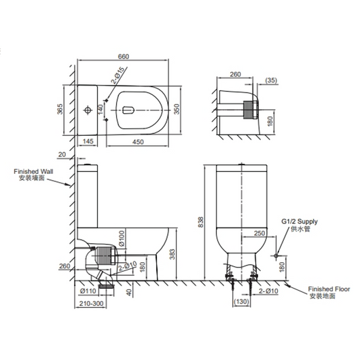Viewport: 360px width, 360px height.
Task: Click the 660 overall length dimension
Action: point(124,56)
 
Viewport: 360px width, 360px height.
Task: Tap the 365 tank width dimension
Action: point(60,109)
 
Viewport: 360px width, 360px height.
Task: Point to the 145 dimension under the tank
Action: point(88,141)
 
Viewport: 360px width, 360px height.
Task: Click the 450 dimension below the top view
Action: point(138,142)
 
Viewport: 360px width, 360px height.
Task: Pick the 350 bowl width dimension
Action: point(177,109)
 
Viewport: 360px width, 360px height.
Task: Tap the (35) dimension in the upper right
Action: point(271,81)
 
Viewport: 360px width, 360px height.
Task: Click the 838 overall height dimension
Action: point(200,222)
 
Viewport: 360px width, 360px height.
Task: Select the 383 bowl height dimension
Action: point(173,254)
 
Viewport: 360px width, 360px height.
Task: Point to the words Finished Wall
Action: point(33,171)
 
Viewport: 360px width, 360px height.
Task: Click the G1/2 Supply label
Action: point(300,221)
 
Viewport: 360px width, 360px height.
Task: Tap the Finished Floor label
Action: point(329,289)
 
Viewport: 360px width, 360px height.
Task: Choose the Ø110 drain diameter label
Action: point(88,291)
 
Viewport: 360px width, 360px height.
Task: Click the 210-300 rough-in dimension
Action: point(92,304)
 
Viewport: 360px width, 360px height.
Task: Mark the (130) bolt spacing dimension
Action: point(241,302)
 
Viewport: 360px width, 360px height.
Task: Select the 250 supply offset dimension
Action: point(259,233)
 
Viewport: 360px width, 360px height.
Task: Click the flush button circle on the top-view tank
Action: point(88,110)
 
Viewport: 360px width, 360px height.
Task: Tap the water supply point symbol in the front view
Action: point(276,255)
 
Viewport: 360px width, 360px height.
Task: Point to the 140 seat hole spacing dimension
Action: point(101,110)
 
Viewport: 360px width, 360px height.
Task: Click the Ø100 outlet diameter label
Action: point(122,238)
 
